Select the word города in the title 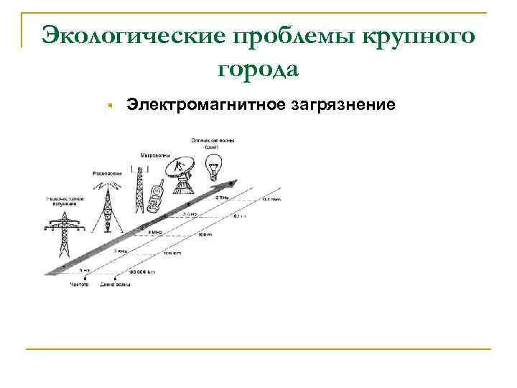(256, 70)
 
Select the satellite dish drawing (180, 175)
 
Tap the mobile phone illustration (155, 197)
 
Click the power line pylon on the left (65, 234)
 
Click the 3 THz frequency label (222, 197)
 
